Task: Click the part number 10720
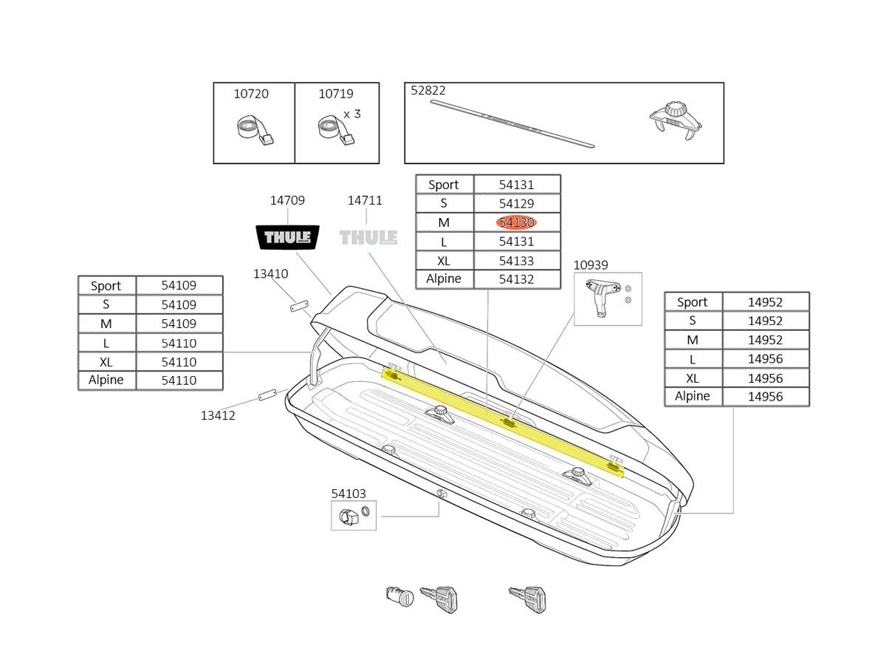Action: tap(251, 94)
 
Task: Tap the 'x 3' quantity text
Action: tap(352, 114)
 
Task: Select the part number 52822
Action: tap(428, 91)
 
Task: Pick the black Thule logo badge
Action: tap(287, 238)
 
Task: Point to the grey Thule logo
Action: tap(368, 237)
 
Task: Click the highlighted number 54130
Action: tap(517, 222)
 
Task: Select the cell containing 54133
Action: tap(517, 261)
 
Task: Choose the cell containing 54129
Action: tap(517, 203)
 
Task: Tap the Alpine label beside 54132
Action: tap(444, 279)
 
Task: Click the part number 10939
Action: tap(591, 265)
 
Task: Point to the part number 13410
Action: tap(270, 273)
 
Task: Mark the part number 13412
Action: tap(218, 415)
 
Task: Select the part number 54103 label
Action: tap(348, 494)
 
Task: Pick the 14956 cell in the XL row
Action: tap(765, 378)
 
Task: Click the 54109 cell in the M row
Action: tap(179, 324)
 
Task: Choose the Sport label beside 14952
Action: tap(693, 301)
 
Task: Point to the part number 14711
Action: tap(365, 200)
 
